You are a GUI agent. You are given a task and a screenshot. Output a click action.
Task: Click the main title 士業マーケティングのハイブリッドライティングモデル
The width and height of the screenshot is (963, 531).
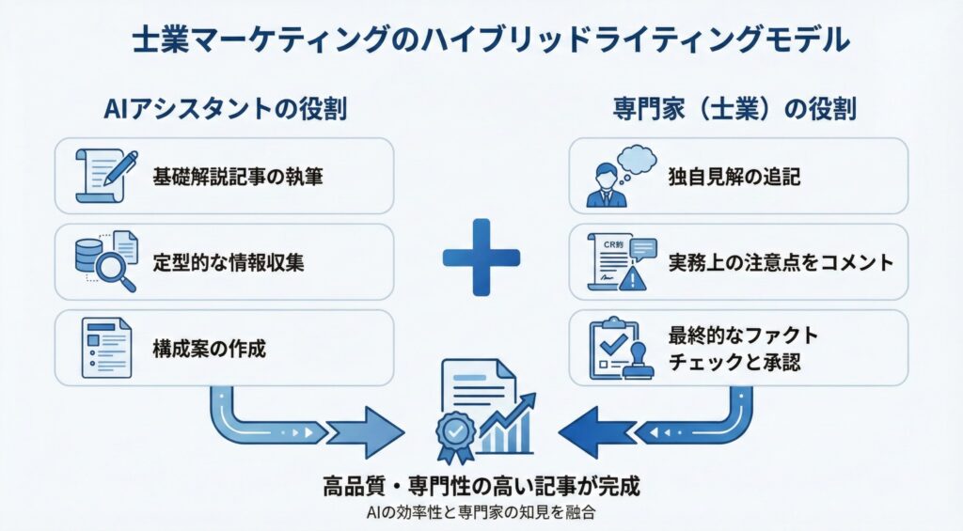click(481, 39)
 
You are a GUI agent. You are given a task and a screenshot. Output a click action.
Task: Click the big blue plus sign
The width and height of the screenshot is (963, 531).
click(481, 256)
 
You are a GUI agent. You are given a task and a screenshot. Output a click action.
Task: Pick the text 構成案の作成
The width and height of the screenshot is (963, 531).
click(209, 349)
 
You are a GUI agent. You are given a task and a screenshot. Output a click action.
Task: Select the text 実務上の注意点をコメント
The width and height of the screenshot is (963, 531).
click(781, 261)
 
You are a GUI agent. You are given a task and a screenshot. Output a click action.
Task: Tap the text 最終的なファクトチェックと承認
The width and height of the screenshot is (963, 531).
click(743, 349)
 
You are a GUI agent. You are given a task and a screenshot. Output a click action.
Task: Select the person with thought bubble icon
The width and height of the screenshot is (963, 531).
click(616, 175)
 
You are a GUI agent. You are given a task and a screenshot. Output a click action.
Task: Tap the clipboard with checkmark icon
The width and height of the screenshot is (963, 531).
click(615, 349)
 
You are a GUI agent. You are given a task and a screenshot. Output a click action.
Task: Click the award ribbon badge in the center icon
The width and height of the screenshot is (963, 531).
click(454, 433)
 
